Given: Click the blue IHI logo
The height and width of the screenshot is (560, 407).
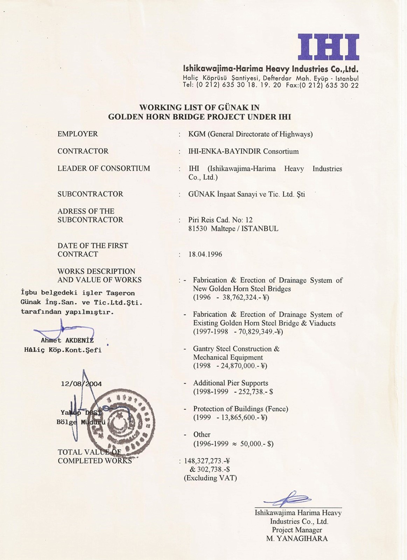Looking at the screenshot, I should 328,47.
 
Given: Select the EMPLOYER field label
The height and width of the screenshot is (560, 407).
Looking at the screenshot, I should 78,134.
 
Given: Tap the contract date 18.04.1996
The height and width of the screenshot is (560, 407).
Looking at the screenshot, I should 205,254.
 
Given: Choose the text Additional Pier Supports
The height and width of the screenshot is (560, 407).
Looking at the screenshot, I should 231,383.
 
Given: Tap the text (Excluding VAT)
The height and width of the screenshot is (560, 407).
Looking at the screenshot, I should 210,478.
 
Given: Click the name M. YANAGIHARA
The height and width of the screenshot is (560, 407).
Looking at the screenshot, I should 297,539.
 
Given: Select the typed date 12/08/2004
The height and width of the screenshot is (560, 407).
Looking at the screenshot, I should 81,384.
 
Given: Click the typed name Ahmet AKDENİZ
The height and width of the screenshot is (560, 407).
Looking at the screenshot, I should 67,341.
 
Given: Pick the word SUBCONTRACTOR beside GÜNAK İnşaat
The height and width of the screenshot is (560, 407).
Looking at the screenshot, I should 90,194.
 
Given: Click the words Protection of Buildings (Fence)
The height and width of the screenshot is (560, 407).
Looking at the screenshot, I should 241,409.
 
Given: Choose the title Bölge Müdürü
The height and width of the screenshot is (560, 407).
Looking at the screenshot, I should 81,422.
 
